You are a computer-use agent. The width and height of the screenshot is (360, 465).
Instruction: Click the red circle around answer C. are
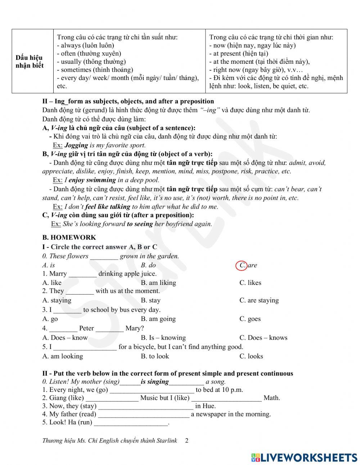[x=241, y=265]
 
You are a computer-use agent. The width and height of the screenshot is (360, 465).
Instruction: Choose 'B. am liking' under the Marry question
[x=158, y=283]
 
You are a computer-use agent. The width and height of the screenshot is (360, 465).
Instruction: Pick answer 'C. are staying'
[x=259, y=300]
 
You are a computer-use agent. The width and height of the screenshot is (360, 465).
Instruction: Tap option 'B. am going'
[x=158, y=319]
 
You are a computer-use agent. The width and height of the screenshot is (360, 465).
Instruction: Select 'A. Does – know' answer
[x=65, y=337]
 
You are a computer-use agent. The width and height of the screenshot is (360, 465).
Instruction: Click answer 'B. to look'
[x=155, y=356]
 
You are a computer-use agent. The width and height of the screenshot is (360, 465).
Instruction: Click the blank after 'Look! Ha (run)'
[x=131, y=423]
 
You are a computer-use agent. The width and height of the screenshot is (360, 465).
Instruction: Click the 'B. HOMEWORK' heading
[x=69, y=237]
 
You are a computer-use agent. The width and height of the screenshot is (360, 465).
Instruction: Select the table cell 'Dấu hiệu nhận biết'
[x=30, y=62]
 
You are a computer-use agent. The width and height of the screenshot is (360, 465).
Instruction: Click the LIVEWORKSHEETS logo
[x=304, y=457]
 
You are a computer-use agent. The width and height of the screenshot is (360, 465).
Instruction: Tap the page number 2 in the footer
[x=186, y=441]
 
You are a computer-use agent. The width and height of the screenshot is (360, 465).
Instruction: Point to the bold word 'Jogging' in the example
[x=76, y=146]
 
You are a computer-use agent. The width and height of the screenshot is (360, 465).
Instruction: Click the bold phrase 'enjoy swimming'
[x=92, y=180]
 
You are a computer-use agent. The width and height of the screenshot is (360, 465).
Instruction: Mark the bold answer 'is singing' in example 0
[x=154, y=382]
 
